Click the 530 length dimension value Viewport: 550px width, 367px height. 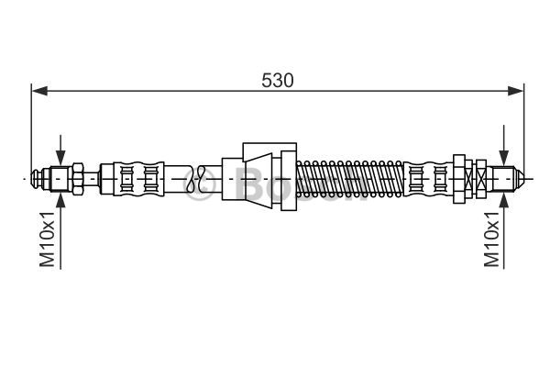coord(277,81)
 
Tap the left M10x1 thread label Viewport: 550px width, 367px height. coord(47,239)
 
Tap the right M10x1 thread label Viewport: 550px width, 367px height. coord(491,239)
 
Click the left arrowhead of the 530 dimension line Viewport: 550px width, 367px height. coord(39,91)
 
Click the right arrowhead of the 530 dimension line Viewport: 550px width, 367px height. coord(515,91)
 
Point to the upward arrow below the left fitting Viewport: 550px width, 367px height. coord(60,231)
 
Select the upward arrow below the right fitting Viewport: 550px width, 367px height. coord(504,231)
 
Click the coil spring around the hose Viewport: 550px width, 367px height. coord(350,179)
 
